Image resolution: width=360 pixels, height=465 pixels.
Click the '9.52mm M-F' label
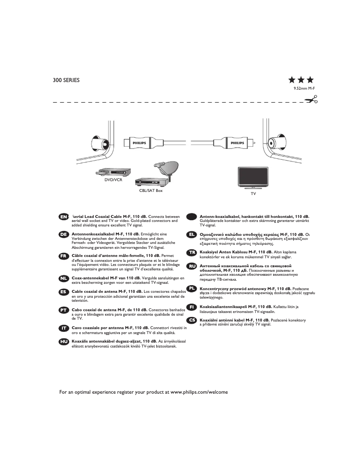coord(304,89)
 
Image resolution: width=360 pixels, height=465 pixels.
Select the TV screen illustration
coord(254,178)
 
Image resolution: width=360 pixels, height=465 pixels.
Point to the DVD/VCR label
coord(113,180)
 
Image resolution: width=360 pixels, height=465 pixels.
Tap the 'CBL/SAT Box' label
coord(151,191)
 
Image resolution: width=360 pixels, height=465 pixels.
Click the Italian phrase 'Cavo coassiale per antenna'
coord(98,327)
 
